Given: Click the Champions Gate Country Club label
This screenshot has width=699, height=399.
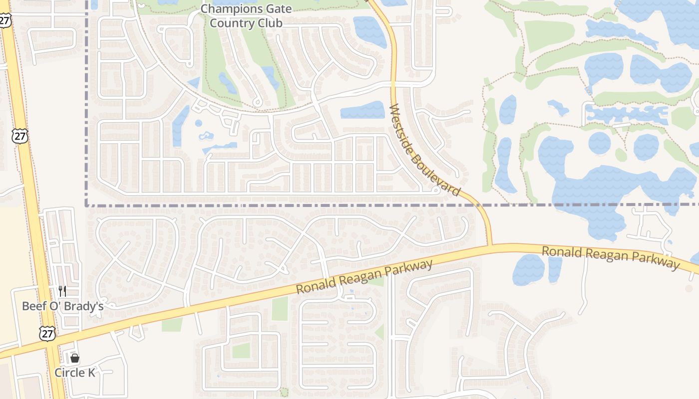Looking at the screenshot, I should coord(246,16).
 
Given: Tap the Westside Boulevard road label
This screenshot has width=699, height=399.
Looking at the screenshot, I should coord(424,150).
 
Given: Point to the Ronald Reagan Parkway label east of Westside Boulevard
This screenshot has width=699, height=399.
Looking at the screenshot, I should coord(611,257).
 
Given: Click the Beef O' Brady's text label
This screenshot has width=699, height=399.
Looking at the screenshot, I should coord(62,306).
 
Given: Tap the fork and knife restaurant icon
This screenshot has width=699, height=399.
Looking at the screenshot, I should coord(62,291).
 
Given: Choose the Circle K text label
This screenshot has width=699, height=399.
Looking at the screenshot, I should coord(74,373).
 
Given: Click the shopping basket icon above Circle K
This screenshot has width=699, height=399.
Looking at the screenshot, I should coord(74,358).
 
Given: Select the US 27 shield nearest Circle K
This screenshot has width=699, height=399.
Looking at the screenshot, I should coord(47,334).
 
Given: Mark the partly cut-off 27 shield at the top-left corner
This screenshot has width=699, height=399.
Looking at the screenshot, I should coord(5,20).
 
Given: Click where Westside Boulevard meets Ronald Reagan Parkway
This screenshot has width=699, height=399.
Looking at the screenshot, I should coord(491,245).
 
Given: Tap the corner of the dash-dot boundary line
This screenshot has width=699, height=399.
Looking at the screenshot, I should coord(87,204).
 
